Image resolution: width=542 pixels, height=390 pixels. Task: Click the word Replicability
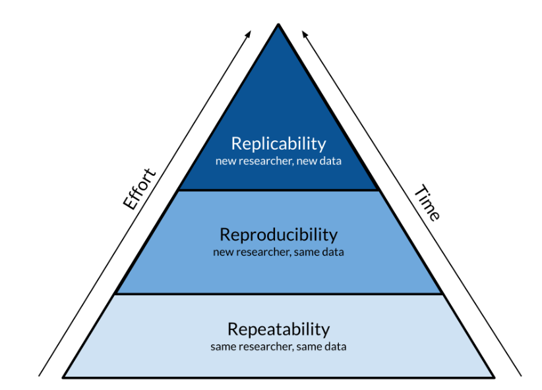[278, 143]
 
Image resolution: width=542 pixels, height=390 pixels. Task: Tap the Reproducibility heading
[278, 235]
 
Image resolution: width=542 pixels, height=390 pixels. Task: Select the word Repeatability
[278, 329]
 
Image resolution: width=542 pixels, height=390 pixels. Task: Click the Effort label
[139, 189]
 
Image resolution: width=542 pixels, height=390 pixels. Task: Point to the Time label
[426, 203]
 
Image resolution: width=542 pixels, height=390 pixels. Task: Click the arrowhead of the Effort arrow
[249, 32]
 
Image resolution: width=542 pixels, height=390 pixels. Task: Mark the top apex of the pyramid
[278, 25]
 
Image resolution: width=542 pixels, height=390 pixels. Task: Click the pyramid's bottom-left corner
[64, 377]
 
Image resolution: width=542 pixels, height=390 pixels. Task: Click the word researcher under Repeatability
[258, 346]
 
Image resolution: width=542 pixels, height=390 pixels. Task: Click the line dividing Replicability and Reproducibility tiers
[278, 190]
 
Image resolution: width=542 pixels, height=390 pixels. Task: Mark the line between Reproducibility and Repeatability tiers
[278, 294]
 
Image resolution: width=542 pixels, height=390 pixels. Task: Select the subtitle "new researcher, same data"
[278, 252]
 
